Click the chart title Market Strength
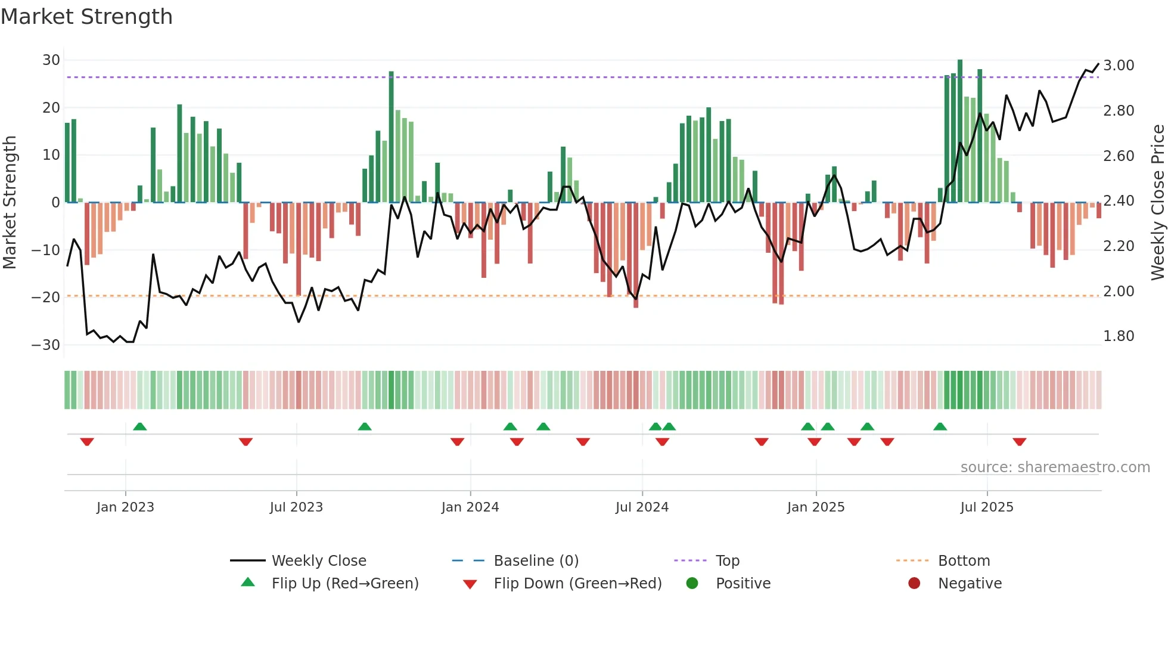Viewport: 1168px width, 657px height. pyautogui.click(x=86, y=17)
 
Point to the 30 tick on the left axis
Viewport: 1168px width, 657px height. pyautogui.click(x=51, y=60)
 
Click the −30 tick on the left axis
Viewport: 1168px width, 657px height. pyautogui.click(x=46, y=345)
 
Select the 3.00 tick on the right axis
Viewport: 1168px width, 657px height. pyautogui.click(x=1119, y=66)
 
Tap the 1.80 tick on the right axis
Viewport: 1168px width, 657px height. pyautogui.click(x=1119, y=336)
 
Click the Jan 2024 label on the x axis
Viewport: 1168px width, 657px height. pyautogui.click(x=470, y=507)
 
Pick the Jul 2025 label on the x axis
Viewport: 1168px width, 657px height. pyautogui.click(x=987, y=507)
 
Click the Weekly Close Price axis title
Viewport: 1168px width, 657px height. pyautogui.click(x=1157, y=202)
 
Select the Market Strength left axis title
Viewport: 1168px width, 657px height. pyautogui.click(x=10, y=202)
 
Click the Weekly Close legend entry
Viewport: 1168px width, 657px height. pyautogui.click(x=319, y=561)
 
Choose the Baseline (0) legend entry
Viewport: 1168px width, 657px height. pyautogui.click(x=536, y=561)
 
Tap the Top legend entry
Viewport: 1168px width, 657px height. pyautogui.click(x=727, y=561)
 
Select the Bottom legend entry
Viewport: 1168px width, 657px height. pyautogui.click(x=964, y=561)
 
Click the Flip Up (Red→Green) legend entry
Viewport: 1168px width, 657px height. pyautogui.click(x=345, y=584)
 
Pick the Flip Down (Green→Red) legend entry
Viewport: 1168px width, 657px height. pyautogui.click(x=577, y=584)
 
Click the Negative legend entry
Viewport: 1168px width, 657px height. pyautogui.click(x=970, y=584)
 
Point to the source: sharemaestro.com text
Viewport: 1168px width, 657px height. pyautogui.click(x=1055, y=467)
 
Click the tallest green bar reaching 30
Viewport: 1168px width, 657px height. pyautogui.click(x=960, y=131)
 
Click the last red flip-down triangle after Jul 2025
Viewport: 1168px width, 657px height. pyautogui.click(x=1019, y=442)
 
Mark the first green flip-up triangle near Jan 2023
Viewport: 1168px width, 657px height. pyautogui.click(x=140, y=427)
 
